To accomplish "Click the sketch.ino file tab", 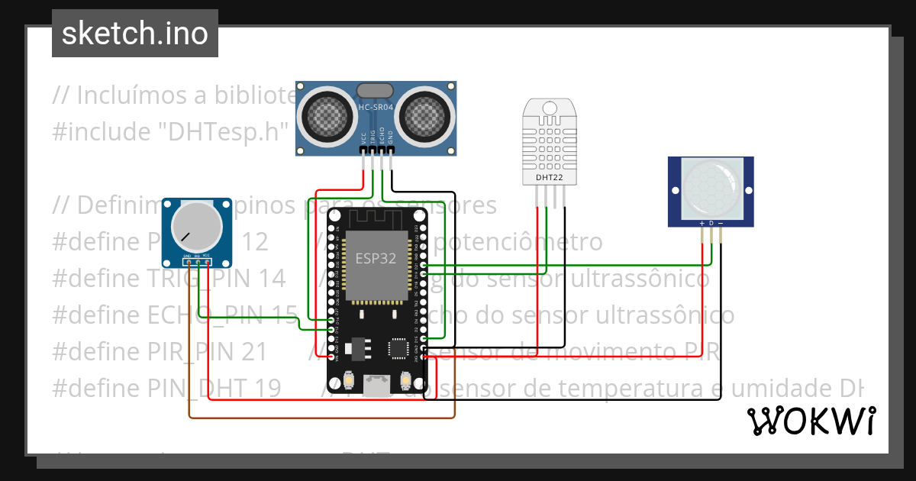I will coord(134,34).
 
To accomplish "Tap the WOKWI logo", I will coord(811,421).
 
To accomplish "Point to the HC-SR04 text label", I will coord(376,108).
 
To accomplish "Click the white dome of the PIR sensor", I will coord(711,187).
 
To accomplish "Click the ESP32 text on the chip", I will coord(376,258).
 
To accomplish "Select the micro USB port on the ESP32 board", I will coord(376,386).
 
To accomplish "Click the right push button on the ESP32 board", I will coord(405,379).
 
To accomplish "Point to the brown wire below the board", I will coord(321,418).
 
